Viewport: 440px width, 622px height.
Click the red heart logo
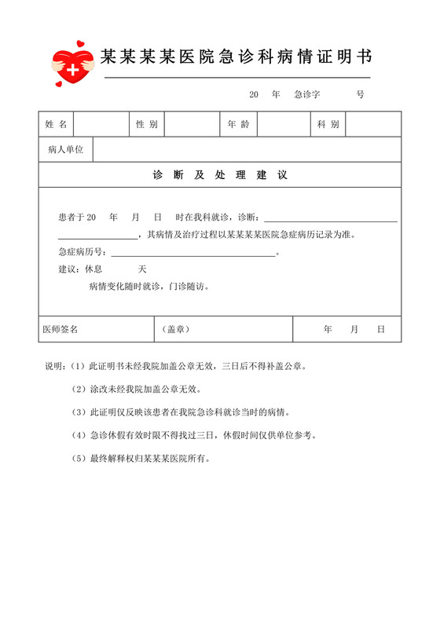pyautogui.click(x=72, y=65)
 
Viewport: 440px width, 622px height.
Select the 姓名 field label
pyautogui.click(x=56, y=124)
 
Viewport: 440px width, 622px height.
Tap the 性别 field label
pyautogui.click(x=147, y=124)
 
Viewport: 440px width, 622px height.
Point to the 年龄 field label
pyautogui.click(x=238, y=124)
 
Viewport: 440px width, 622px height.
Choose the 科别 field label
pyautogui.click(x=328, y=124)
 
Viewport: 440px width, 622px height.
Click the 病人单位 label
pyautogui.click(x=65, y=149)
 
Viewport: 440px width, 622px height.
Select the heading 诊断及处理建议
pyautogui.click(x=220, y=174)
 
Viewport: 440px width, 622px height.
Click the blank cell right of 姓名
pyautogui.click(x=101, y=124)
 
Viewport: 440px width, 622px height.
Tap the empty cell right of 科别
pyautogui.click(x=373, y=124)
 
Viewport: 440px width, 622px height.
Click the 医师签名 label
pyautogui.click(x=60, y=330)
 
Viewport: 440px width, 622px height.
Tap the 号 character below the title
pyautogui.click(x=360, y=94)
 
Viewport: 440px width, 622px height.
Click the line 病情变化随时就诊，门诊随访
pyautogui.click(x=149, y=286)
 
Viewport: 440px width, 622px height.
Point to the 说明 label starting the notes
pyautogui.click(x=54, y=366)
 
